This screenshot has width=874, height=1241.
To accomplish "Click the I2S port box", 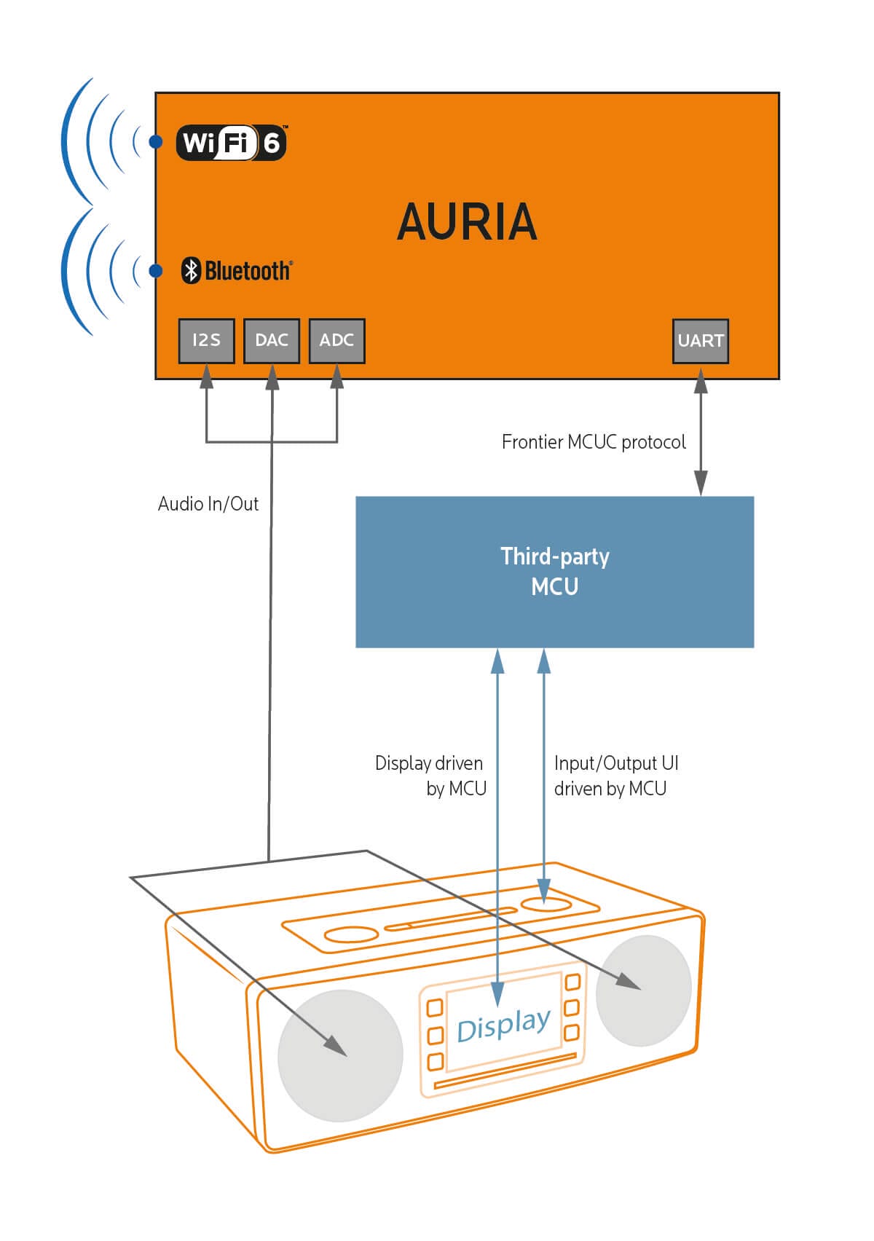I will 207,341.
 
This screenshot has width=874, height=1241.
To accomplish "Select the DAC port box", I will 272,341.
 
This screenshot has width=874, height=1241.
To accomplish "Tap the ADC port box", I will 336,341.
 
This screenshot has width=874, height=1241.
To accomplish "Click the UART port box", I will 701,341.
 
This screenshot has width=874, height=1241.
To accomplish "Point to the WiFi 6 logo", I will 232,143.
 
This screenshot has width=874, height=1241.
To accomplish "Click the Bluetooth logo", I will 237,271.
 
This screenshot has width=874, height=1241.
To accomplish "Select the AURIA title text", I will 467,222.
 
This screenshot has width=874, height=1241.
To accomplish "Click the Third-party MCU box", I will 554,572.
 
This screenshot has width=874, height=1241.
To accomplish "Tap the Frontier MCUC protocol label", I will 594,442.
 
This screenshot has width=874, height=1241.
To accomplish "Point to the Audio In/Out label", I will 208,504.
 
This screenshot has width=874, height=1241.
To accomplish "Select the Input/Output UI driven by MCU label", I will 615,776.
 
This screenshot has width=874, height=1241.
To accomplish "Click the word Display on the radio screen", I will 503,1025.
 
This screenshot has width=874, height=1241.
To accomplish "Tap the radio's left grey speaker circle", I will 340,1055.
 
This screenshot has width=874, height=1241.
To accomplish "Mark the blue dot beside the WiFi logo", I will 155,142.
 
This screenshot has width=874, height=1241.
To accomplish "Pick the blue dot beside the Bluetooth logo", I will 155,271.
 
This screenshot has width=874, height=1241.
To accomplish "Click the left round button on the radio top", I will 351,934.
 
